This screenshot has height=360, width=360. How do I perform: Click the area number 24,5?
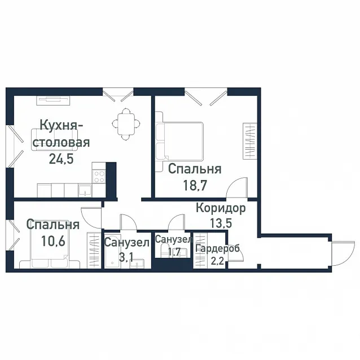pyautogui.click(x=62, y=159)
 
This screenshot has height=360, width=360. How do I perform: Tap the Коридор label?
pyautogui.click(x=221, y=208)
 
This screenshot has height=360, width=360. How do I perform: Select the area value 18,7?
pyautogui.click(x=195, y=185)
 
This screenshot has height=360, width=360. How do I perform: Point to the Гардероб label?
pyautogui.click(x=217, y=248)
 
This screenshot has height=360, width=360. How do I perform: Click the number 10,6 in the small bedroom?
pyautogui.click(x=53, y=241)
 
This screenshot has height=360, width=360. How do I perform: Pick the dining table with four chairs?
pyautogui.click(x=126, y=124)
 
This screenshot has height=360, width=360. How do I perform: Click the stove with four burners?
pyautogui.click(x=99, y=177)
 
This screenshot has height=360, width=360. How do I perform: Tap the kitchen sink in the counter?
pyautogui.click(x=85, y=191)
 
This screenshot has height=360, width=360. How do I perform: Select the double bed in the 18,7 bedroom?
pyautogui.click(x=179, y=142)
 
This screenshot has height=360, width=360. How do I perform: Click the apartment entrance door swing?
pyautogui.click(x=343, y=253)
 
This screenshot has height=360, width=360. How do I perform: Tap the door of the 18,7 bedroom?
pyautogui.click(x=237, y=187)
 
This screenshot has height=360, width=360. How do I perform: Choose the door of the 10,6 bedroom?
pyautogui.click(x=91, y=218)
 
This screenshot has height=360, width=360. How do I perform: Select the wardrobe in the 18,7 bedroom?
pyautogui.click(x=250, y=141)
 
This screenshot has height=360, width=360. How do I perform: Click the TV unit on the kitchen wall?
pyautogui.click(x=53, y=100)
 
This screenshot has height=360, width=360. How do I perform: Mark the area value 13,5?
pyautogui.click(x=221, y=223)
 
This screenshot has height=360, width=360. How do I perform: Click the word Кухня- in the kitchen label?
pyautogui.click(x=62, y=126)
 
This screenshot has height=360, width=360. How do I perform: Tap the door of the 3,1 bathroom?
pyautogui.click(x=129, y=222)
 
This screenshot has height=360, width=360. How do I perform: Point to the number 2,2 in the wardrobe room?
pyautogui.click(x=217, y=261)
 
